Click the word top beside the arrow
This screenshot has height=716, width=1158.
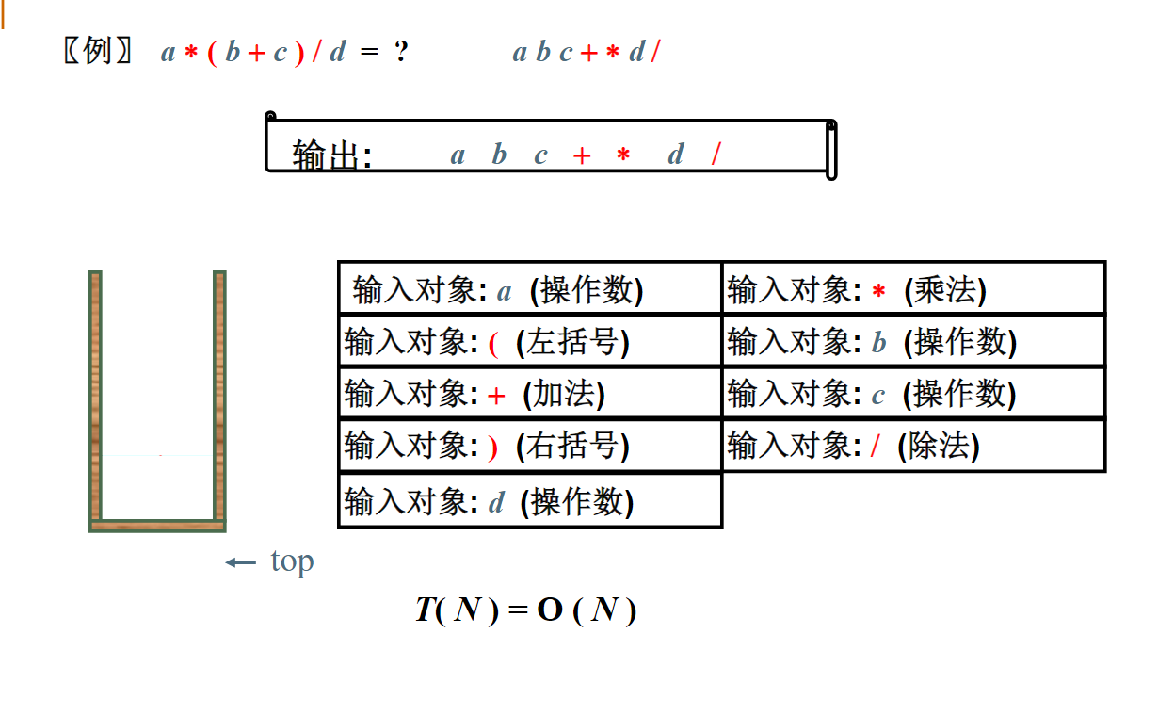[x=292, y=561]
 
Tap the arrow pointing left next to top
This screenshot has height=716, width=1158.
[x=240, y=563]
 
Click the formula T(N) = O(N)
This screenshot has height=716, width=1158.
[x=525, y=610]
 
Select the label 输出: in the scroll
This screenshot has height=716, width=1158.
[x=332, y=155]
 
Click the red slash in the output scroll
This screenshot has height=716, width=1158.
[x=716, y=155]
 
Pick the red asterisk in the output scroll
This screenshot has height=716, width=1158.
[x=622, y=155]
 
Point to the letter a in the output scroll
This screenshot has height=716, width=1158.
[x=458, y=155]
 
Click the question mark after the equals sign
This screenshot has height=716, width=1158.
[x=401, y=52]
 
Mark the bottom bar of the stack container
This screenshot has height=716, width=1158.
[x=157, y=526]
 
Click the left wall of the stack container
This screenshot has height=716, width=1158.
[x=95, y=396]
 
